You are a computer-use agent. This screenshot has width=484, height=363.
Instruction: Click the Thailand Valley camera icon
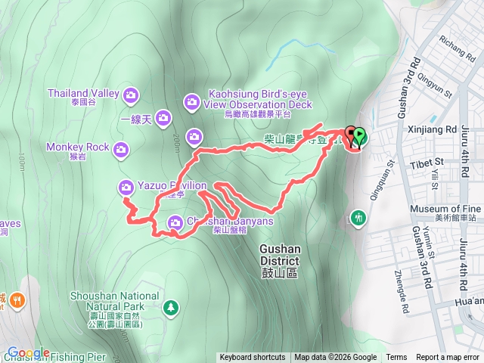[x=131, y=95]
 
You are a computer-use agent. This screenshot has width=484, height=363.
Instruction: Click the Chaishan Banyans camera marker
[x=175, y=222]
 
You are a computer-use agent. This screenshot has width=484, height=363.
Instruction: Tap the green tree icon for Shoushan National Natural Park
[x=172, y=307]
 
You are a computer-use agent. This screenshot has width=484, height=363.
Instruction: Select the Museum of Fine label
[x=445, y=209]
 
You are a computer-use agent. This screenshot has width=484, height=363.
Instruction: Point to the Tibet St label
[x=427, y=162]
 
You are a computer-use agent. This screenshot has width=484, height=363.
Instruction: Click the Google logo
[x=28, y=352]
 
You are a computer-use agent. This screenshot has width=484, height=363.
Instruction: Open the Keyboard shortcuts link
[x=252, y=358]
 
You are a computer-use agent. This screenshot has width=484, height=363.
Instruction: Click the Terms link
[x=396, y=358]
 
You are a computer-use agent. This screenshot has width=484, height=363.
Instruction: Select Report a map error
[x=448, y=358]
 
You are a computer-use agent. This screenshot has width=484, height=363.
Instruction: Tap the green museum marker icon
[x=357, y=218]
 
